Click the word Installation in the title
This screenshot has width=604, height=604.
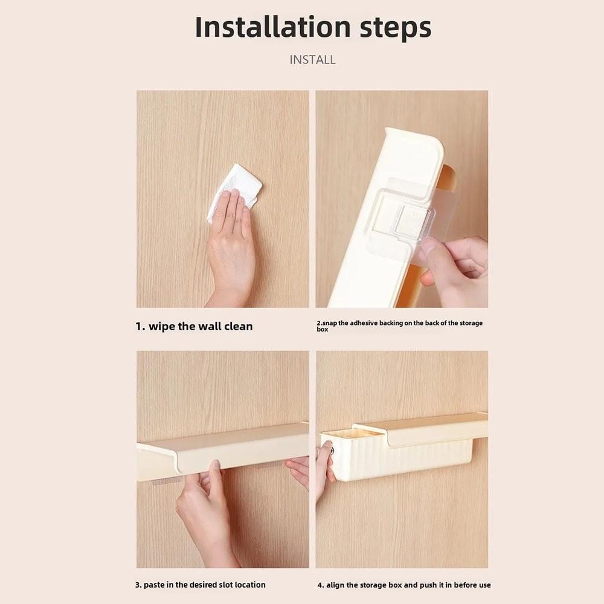tap(273, 27)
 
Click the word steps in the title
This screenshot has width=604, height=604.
tap(396, 28)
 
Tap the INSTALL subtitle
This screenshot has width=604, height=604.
tap(312, 60)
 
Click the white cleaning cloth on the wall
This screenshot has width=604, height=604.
tap(234, 193)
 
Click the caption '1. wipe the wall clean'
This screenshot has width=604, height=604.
tap(194, 326)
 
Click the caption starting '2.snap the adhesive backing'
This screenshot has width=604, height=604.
tap(399, 326)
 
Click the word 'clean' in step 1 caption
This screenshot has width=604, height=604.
tap(239, 326)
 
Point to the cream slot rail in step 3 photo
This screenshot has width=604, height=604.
tap(223, 451)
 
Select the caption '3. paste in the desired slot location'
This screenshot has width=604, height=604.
tap(201, 585)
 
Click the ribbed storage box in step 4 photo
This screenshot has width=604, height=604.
tap(397, 455)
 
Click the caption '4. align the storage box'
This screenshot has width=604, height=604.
tap(404, 585)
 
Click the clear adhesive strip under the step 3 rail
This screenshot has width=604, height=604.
tap(167, 481)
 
